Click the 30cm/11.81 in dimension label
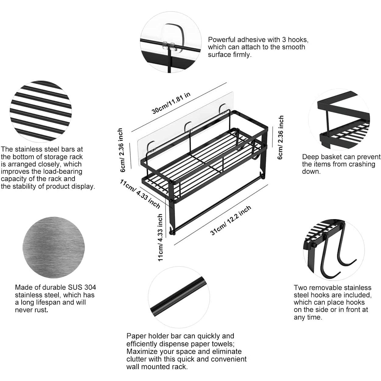click(171, 103)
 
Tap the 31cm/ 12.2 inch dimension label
click(231, 220)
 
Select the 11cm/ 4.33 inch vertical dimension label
click(160, 237)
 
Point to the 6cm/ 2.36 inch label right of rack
click(280, 138)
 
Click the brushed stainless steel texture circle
click(54, 247)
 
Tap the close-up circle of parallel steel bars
click(41, 111)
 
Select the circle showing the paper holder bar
click(179, 297)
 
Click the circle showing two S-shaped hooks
click(334, 250)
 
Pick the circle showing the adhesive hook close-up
click(171, 42)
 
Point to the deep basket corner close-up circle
click(339, 119)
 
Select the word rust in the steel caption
click(40, 310)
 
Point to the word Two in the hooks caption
click(300, 288)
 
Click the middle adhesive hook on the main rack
click(188, 127)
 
